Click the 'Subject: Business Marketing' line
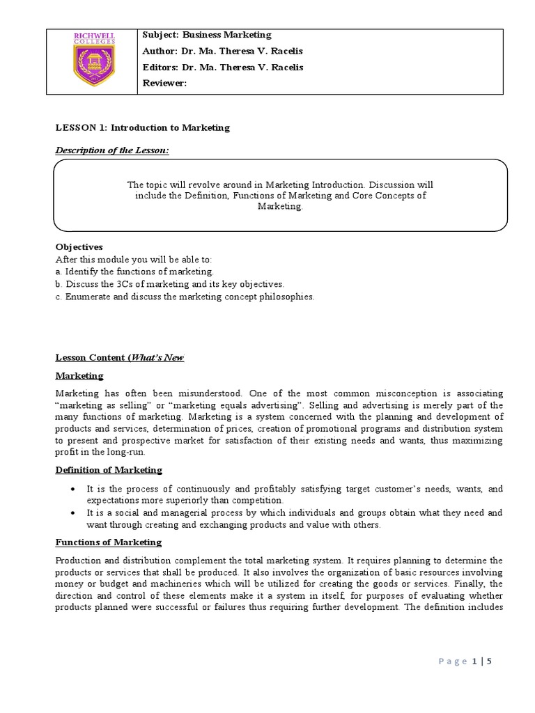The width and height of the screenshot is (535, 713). pos(207,35)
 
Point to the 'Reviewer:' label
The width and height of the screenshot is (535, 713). pos(165,83)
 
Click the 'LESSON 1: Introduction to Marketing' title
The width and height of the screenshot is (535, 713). pos(142,128)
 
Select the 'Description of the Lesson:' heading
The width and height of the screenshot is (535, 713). pos(111,151)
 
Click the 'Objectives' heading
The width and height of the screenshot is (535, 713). pos(79,247)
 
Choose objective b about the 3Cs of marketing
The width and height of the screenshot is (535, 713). pos(170,284)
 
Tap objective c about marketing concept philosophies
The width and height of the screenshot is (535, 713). pos(185,297)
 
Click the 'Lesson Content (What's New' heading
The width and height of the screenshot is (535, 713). pos(119,358)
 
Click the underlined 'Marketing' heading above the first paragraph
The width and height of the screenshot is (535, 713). pos(79,376)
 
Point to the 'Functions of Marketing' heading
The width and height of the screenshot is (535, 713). pos(108,542)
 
